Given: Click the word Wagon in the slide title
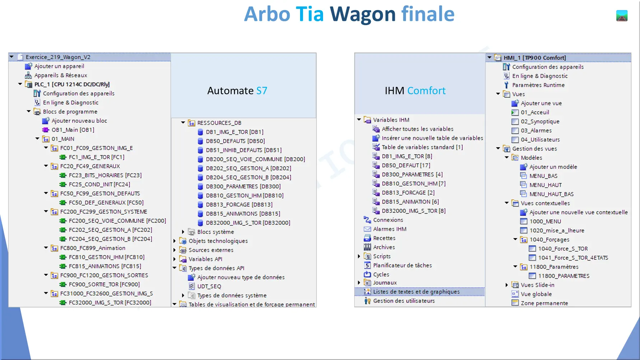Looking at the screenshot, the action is coord(363,14).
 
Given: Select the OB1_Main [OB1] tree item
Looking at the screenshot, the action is coord(73,130).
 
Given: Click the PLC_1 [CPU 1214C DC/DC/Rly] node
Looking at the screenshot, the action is coord(72,84).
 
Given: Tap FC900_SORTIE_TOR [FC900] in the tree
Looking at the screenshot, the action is coord(104,284).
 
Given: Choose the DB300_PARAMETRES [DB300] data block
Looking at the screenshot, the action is coord(243,186).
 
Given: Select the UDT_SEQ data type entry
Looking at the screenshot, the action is coord(209,286).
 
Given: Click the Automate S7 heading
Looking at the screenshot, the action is coord(237,90).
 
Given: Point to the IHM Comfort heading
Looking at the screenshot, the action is coord(415,90).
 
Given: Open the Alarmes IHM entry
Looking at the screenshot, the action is coord(389,229).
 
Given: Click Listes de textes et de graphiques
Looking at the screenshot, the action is coord(416,292).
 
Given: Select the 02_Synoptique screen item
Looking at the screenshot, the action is coord(540,121).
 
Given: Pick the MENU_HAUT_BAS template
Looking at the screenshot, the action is coord(551,194).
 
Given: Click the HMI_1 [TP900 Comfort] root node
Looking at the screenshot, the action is coord(534,58).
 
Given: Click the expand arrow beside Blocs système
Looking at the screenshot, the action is coord(183,232).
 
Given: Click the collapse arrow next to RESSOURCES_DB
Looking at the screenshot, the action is coord(183,123).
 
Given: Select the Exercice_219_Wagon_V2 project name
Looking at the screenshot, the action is coord(58,57).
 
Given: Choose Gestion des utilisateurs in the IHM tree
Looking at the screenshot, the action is coord(404,301).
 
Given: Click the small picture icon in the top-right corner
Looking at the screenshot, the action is coord(622,16).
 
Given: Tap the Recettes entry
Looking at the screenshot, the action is coord(384,238).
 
